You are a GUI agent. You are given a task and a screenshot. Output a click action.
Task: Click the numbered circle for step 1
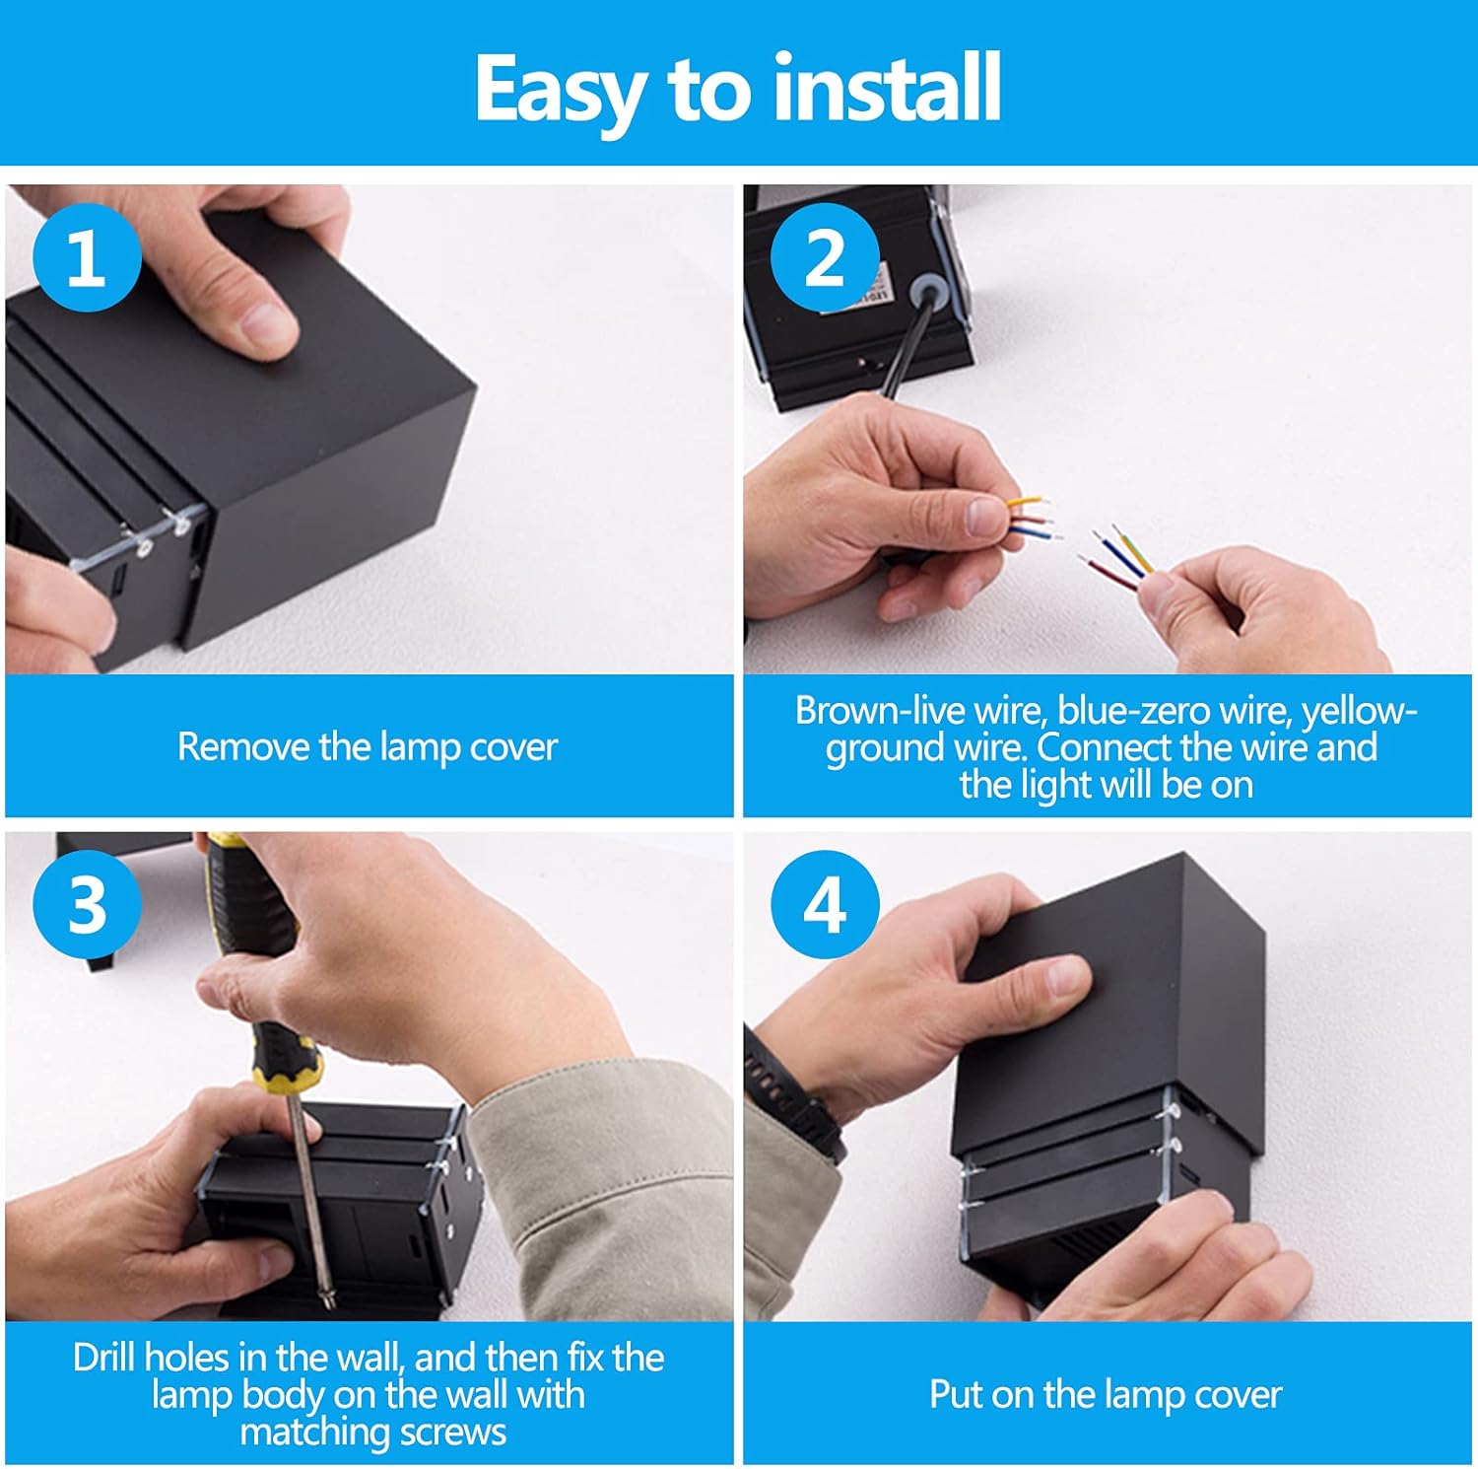87,257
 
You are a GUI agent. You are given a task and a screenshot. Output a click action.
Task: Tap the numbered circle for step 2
825,257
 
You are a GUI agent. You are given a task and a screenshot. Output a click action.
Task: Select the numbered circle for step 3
87,903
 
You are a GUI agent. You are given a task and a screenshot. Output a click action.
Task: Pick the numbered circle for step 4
825,903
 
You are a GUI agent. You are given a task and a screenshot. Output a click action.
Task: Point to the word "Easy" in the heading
559,91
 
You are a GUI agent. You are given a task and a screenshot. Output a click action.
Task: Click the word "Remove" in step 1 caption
242,746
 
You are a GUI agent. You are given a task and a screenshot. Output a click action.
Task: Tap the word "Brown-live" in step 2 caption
879,710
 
